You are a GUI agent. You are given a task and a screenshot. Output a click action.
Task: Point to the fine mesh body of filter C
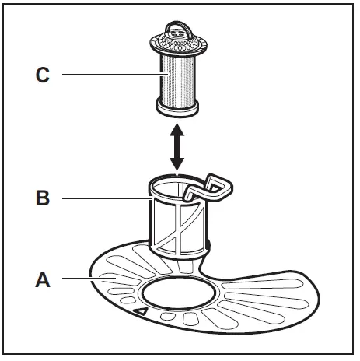tap(180, 78)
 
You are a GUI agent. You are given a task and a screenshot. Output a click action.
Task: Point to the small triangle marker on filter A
tap(142, 311)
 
